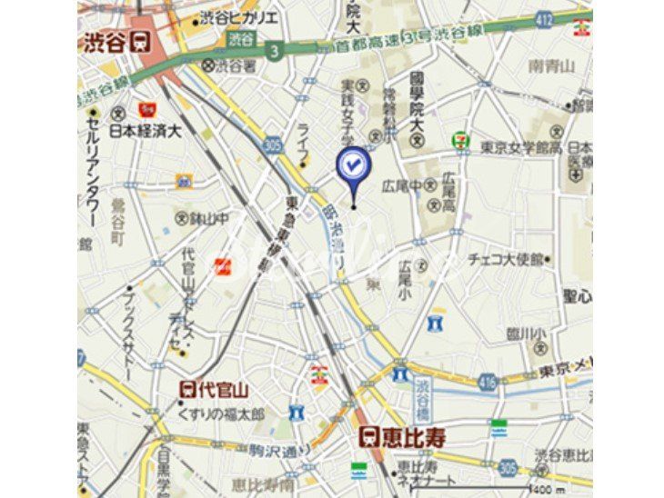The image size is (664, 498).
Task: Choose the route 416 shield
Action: point(487,383)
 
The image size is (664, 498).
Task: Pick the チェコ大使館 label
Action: point(509,259)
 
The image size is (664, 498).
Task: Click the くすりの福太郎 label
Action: point(221,413)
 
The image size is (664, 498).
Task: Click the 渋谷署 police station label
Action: point(228,65)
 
